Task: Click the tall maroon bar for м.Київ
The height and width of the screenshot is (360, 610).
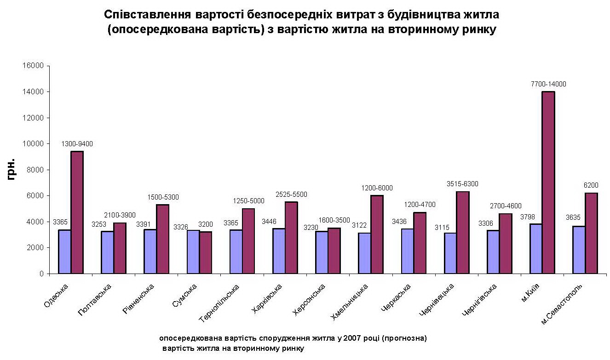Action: click(548, 183)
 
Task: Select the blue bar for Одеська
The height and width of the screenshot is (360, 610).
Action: click(64, 251)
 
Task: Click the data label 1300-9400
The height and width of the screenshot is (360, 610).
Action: click(77, 144)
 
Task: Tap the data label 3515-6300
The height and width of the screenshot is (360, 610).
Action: click(462, 184)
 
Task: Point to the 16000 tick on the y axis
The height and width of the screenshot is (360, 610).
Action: click(33, 66)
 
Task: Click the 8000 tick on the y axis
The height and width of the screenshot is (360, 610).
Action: click(35, 170)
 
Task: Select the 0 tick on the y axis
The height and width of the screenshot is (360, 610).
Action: click(41, 274)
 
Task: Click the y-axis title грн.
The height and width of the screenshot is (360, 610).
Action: click(12, 169)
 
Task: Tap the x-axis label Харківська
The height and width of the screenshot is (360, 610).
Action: click(267, 298)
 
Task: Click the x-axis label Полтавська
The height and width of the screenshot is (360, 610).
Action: click(95, 299)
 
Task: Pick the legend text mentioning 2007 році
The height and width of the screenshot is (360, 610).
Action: click(293, 338)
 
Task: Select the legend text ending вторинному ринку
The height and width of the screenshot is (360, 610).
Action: click(233, 349)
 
